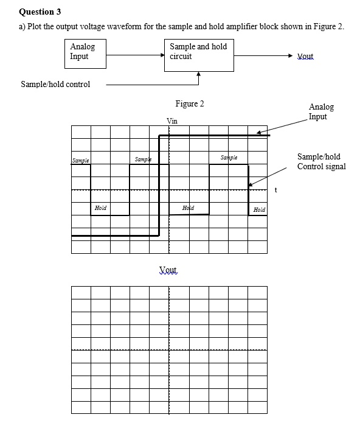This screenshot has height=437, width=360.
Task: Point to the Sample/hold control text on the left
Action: [55, 84]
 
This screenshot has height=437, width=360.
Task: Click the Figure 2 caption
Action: [189, 103]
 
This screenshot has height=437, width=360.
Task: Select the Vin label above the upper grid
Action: [172, 121]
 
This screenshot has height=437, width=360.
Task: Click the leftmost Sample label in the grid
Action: [80, 160]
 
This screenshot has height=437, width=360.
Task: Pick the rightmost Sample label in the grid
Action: [229, 158]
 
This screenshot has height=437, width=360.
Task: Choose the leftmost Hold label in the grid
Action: [100, 208]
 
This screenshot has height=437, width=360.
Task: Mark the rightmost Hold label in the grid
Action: [259, 209]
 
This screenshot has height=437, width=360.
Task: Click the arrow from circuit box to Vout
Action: [261, 54]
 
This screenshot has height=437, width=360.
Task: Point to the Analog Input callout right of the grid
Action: [320, 111]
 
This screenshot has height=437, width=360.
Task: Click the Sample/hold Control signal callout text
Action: [321, 161]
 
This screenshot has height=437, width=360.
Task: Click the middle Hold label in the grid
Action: [189, 208]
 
